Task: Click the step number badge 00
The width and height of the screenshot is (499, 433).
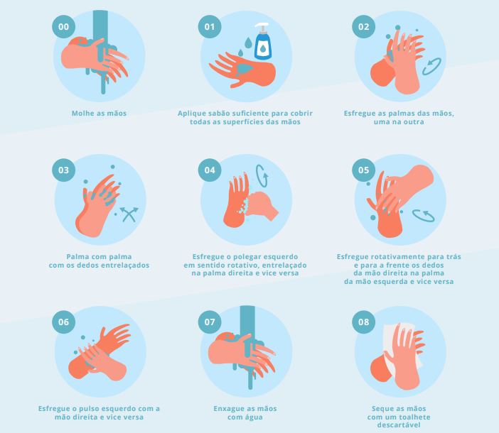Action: click(x=64, y=27)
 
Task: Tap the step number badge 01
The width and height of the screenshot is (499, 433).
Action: click(x=210, y=27)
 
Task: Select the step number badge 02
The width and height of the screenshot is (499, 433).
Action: click(x=363, y=27)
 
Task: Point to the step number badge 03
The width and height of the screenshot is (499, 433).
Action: click(x=64, y=170)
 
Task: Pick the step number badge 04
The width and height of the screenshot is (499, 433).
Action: click(x=210, y=170)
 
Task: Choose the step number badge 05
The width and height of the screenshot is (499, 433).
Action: click(x=363, y=170)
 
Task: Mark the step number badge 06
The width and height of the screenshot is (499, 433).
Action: click(x=64, y=322)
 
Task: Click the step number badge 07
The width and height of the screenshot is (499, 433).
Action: click(x=210, y=322)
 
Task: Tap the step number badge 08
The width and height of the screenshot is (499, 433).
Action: click(x=363, y=322)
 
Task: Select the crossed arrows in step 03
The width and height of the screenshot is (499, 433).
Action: click(x=129, y=214)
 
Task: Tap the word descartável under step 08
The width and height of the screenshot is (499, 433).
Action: click(x=399, y=425)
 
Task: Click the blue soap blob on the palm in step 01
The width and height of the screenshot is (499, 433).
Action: click(x=245, y=69)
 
